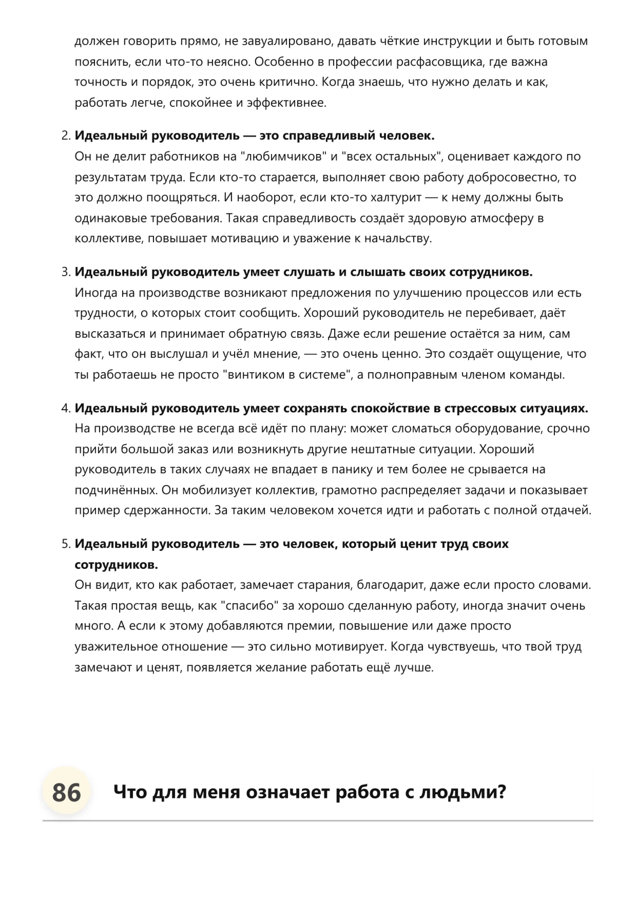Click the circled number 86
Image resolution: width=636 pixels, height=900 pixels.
[x=66, y=792]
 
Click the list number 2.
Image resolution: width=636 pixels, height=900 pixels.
[x=65, y=136]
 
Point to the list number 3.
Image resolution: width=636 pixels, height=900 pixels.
[x=65, y=272]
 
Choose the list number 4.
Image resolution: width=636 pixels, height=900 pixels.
[x=65, y=408]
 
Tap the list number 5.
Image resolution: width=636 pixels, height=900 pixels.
[x=65, y=544]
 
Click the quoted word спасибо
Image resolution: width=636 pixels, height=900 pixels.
[x=249, y=606]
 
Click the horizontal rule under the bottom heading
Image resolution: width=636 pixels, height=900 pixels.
[x=318, y=821]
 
